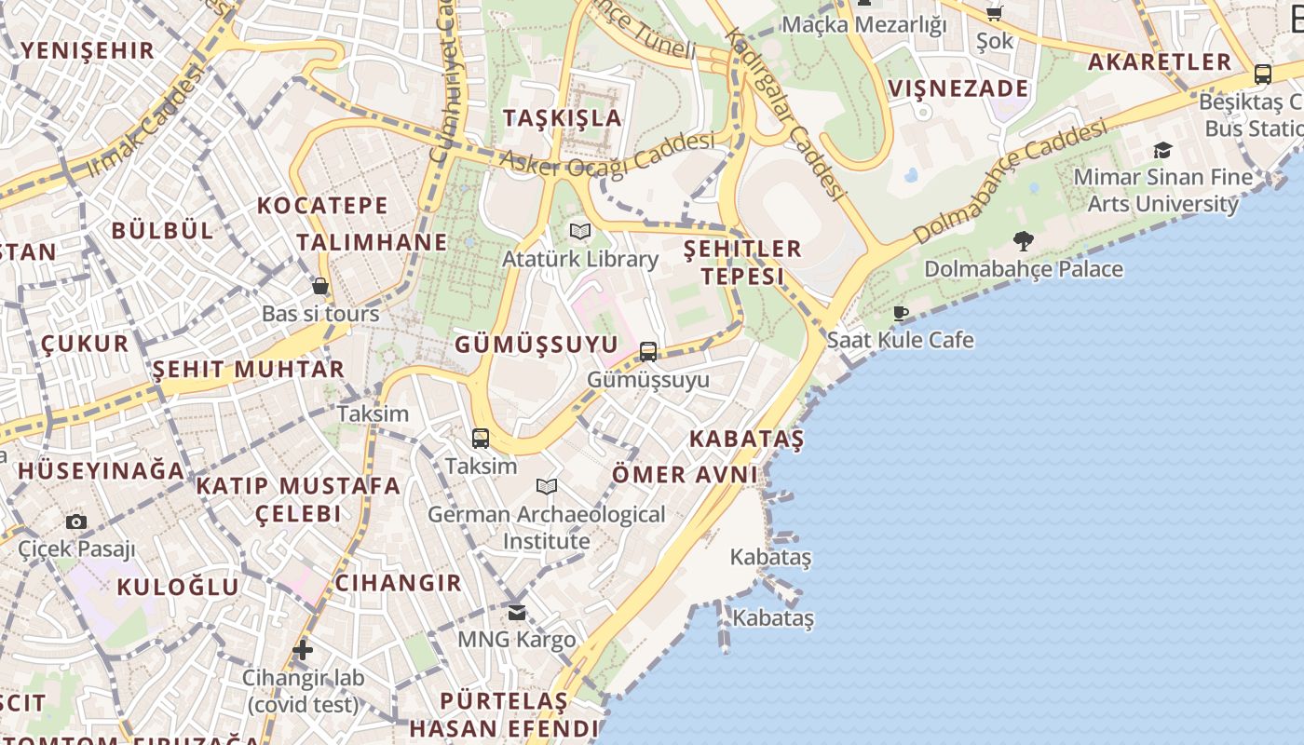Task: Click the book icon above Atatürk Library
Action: (x=580, y=231)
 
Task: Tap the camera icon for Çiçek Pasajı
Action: (x=76, y=522)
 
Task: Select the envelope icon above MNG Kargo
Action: (x=517, y=613)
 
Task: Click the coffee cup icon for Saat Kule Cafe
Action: (x=900, y=313)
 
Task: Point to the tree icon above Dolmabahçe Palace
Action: (x=1024, y=241)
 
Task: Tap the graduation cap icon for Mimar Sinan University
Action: (x=1162, y=150)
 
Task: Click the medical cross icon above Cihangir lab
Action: (x=302, y=649)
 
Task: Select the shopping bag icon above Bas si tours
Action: (x=320, y=286)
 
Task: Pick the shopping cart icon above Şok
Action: (x=995, y=13)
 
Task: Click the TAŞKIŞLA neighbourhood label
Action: (x=563, y=117)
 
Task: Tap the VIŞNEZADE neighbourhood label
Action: (x=958, y=89)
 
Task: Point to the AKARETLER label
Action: (x=1160, y=62)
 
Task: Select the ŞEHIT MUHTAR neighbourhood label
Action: (x=248, y=369)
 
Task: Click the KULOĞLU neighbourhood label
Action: (x=178, y=587)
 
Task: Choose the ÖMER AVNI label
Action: (x=685, y=475)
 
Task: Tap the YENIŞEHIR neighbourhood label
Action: (x=88, y=50)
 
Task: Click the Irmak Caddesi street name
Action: (x=144, y=121)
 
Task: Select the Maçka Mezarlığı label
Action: (x=863, y=24)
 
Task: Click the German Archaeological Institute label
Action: (x=547, y=527)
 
